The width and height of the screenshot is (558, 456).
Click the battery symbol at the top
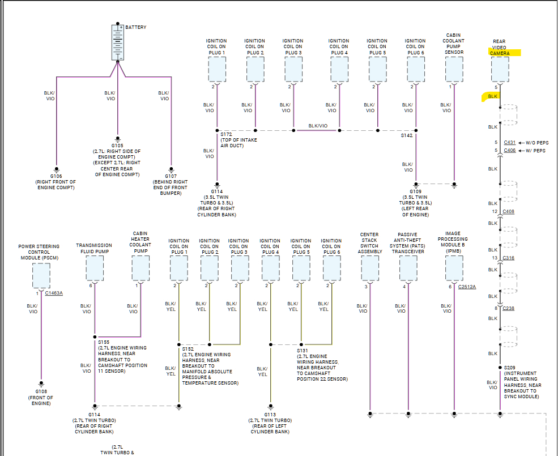tap(118, 42)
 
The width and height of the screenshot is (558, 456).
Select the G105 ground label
tap(117, 145)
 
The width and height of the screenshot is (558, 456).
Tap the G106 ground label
tap(56, 176)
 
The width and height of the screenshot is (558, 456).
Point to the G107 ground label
tap(171, 176)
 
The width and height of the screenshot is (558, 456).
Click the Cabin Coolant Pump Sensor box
tap(454, 70)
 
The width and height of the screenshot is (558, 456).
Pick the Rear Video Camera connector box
tap(500, 70)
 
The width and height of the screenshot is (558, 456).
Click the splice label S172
tap(227, 134)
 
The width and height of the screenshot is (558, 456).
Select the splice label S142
tap(407, 135)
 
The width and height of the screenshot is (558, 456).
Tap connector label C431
tap(509, 142)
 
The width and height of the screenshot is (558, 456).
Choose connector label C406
tap(509, 151)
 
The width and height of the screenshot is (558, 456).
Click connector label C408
tap(508, 212)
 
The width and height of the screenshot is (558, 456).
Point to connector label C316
tap(508, 258)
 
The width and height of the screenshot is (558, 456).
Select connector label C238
tap(508, 308)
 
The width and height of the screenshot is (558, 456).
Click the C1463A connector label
tap(53, 293)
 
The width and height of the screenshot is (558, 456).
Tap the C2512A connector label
tap(467, 287)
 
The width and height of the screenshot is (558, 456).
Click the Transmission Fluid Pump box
tap(95, 268)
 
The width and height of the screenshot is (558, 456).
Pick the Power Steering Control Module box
tap(41, 276)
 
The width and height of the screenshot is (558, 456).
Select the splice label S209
tap(510, 368)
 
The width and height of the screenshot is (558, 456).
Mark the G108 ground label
tap(41, 391)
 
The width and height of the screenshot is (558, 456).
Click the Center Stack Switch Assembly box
tap(370, 268)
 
